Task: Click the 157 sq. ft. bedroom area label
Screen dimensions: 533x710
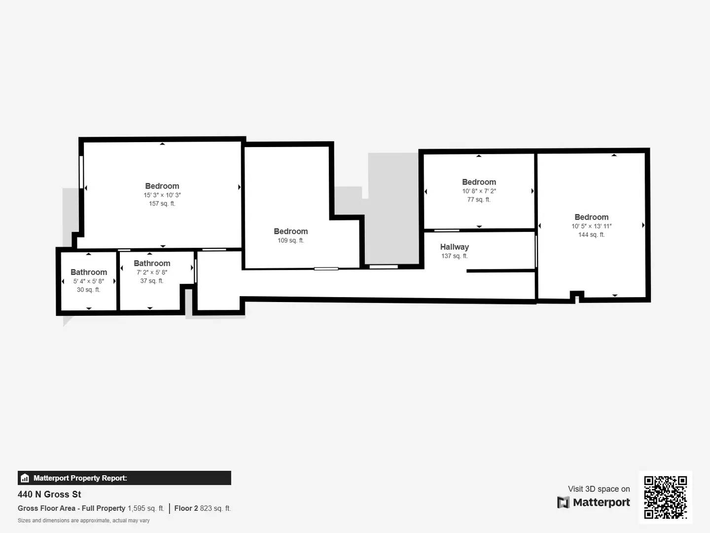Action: tap(162, 203)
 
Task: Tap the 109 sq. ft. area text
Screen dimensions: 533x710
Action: tap(290, 240)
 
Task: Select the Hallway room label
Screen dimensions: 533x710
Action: tap(454, 247)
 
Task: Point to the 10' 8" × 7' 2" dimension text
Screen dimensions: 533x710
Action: tap(479, 191)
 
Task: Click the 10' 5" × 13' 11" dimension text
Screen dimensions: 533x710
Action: tap(591, 226)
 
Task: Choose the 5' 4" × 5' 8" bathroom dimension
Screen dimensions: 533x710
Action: tap(89, 281)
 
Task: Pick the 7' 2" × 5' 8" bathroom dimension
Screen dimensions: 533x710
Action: tap(152, 272)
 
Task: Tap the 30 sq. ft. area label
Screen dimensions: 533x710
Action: tap(88, 290)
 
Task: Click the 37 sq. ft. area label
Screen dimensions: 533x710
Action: tap(151, 281)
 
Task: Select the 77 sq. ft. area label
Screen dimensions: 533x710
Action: tap(479, 199)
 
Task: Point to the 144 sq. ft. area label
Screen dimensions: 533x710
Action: tap(591, 234)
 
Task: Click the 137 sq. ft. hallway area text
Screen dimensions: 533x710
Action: tap(454, 256)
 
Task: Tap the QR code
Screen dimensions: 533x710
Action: tap(665, 497)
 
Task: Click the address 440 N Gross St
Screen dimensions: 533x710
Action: tap(49, 494)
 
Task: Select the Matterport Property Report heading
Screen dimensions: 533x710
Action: tap(80, 478)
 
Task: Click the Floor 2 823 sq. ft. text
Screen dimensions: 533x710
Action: tap(202, 508)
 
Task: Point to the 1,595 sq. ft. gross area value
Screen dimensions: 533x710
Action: tap(145, 508)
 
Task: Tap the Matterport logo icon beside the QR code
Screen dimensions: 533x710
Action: tap(563, 502)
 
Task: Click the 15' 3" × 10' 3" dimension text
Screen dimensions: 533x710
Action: tap(162, 195)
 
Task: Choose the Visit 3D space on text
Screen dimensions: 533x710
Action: tap(599, 489)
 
